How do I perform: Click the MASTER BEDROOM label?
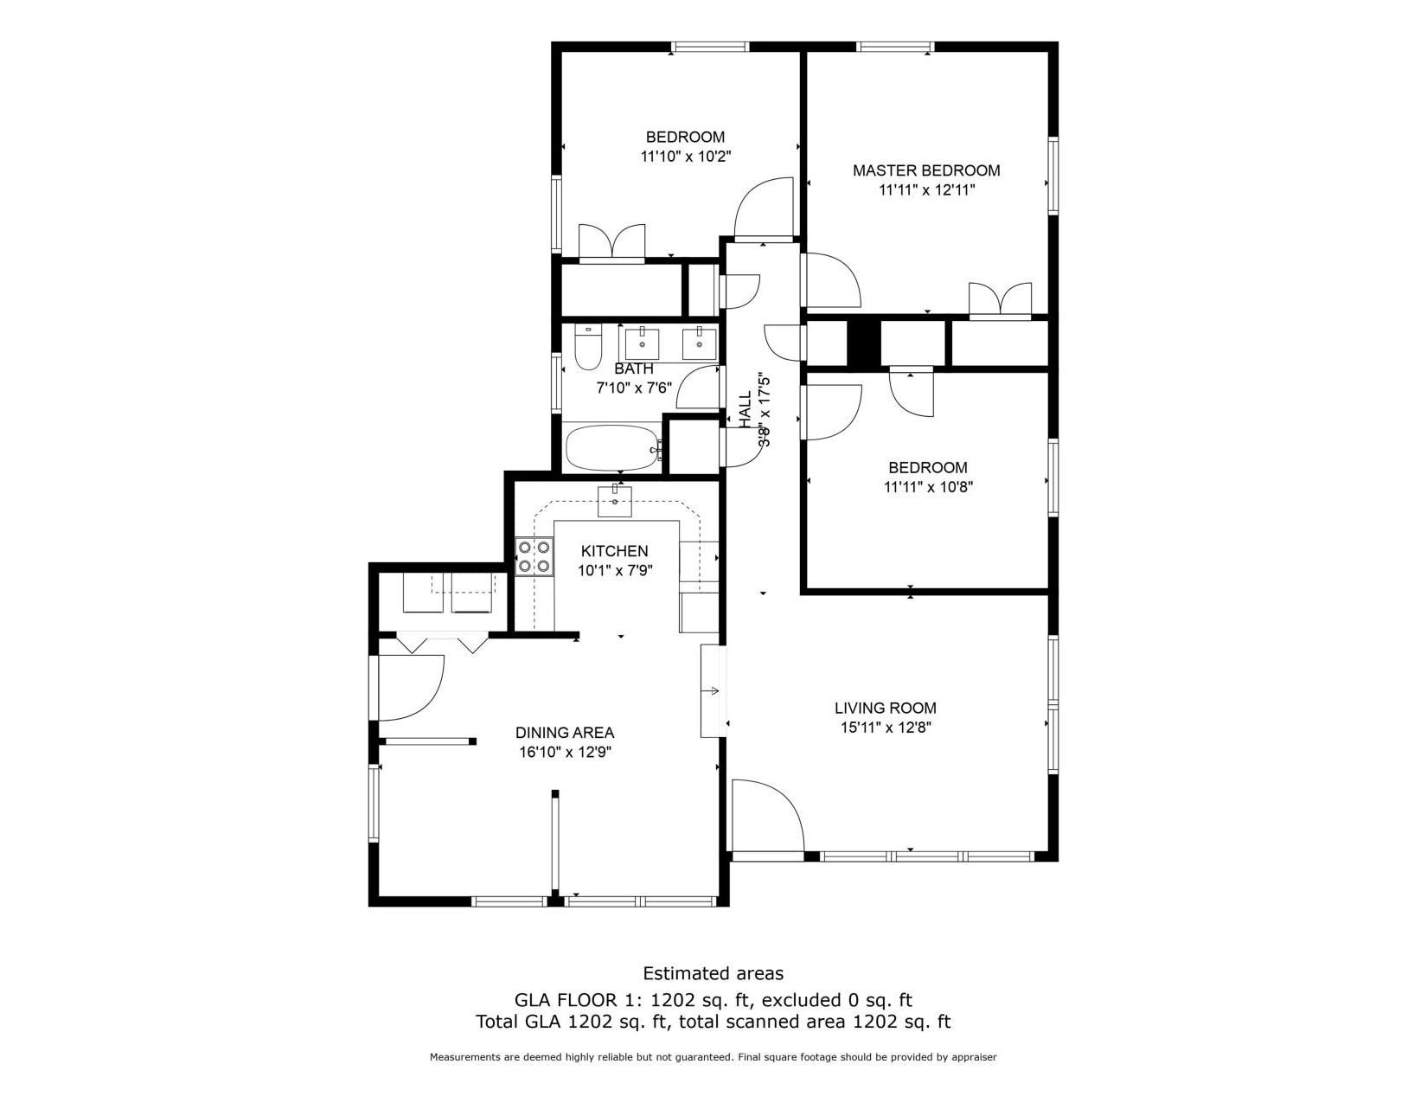tap(926, 170)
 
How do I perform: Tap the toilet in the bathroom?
tap(588, 348)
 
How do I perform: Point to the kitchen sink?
tap(615, 501)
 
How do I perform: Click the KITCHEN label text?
tap(614, 551)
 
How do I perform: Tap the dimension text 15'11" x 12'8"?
tap(886, 728)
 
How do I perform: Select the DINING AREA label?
tap(565, 733)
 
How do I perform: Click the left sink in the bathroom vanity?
tap(643, 343)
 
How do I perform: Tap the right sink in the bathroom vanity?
tap(699, 343)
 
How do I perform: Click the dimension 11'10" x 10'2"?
tap(686, 157)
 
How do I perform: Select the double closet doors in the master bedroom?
tap(1000, 299)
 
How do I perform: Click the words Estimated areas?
tap(713, 973)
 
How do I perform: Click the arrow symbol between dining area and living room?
tap(713, 690)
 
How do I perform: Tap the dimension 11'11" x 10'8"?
tap(928, 486)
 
